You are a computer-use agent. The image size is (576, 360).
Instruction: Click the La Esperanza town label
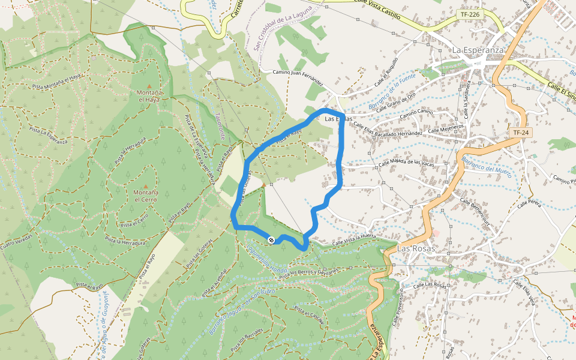[478, 50]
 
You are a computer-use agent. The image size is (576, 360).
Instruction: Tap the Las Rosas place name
[415, 248]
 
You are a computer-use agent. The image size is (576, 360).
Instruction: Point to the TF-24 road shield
[519, 132]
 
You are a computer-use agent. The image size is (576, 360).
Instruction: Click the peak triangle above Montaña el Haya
[149, 86]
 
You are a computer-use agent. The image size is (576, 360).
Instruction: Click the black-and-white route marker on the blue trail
[271, 240]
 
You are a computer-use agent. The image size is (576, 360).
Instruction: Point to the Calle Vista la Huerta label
[354, 239]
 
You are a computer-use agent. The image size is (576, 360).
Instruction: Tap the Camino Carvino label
[416, 112]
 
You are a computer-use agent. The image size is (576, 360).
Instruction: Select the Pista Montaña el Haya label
[56, 78]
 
